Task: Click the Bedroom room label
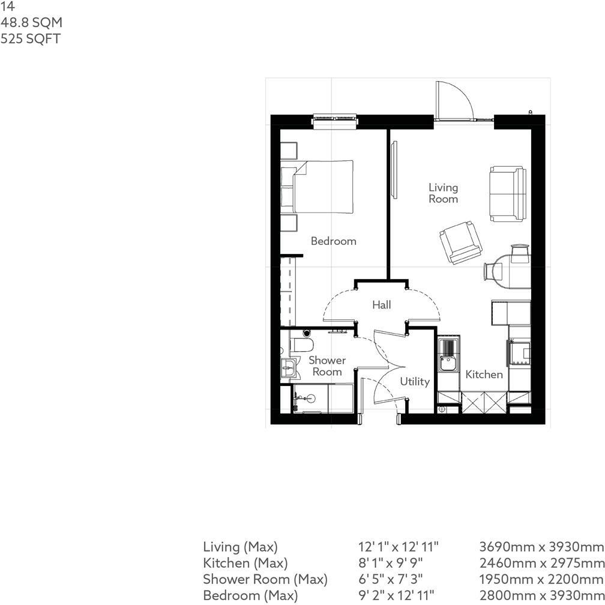pyautogui.click(x=333, y=241)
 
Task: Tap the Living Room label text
pyautogui.click(x=443, y=193)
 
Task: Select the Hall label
pyautogui.click(x=381, y=305)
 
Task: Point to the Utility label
pyautogui.click(x=415, y=382)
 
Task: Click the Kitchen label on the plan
pyautogui.click(x=484, y=375)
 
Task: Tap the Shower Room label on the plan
pyautogui.click(x=327, y=366)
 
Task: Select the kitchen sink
pyautogui.click(x=447, y=363)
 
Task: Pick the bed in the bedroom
pyautogui.click(x=321, y=186)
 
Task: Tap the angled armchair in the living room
pyautogui.click(x=460, y=242)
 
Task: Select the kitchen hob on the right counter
pyautogui.click(x=520, y=353)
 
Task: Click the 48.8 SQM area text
pyautogui.click(x=31, y=23)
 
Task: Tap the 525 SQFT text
pyautogui.click(x=31, y=40)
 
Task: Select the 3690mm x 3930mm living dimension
pyautogui.click(x=541, y=547)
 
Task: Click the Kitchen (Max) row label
pyautogui.click(x=245, y=563)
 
